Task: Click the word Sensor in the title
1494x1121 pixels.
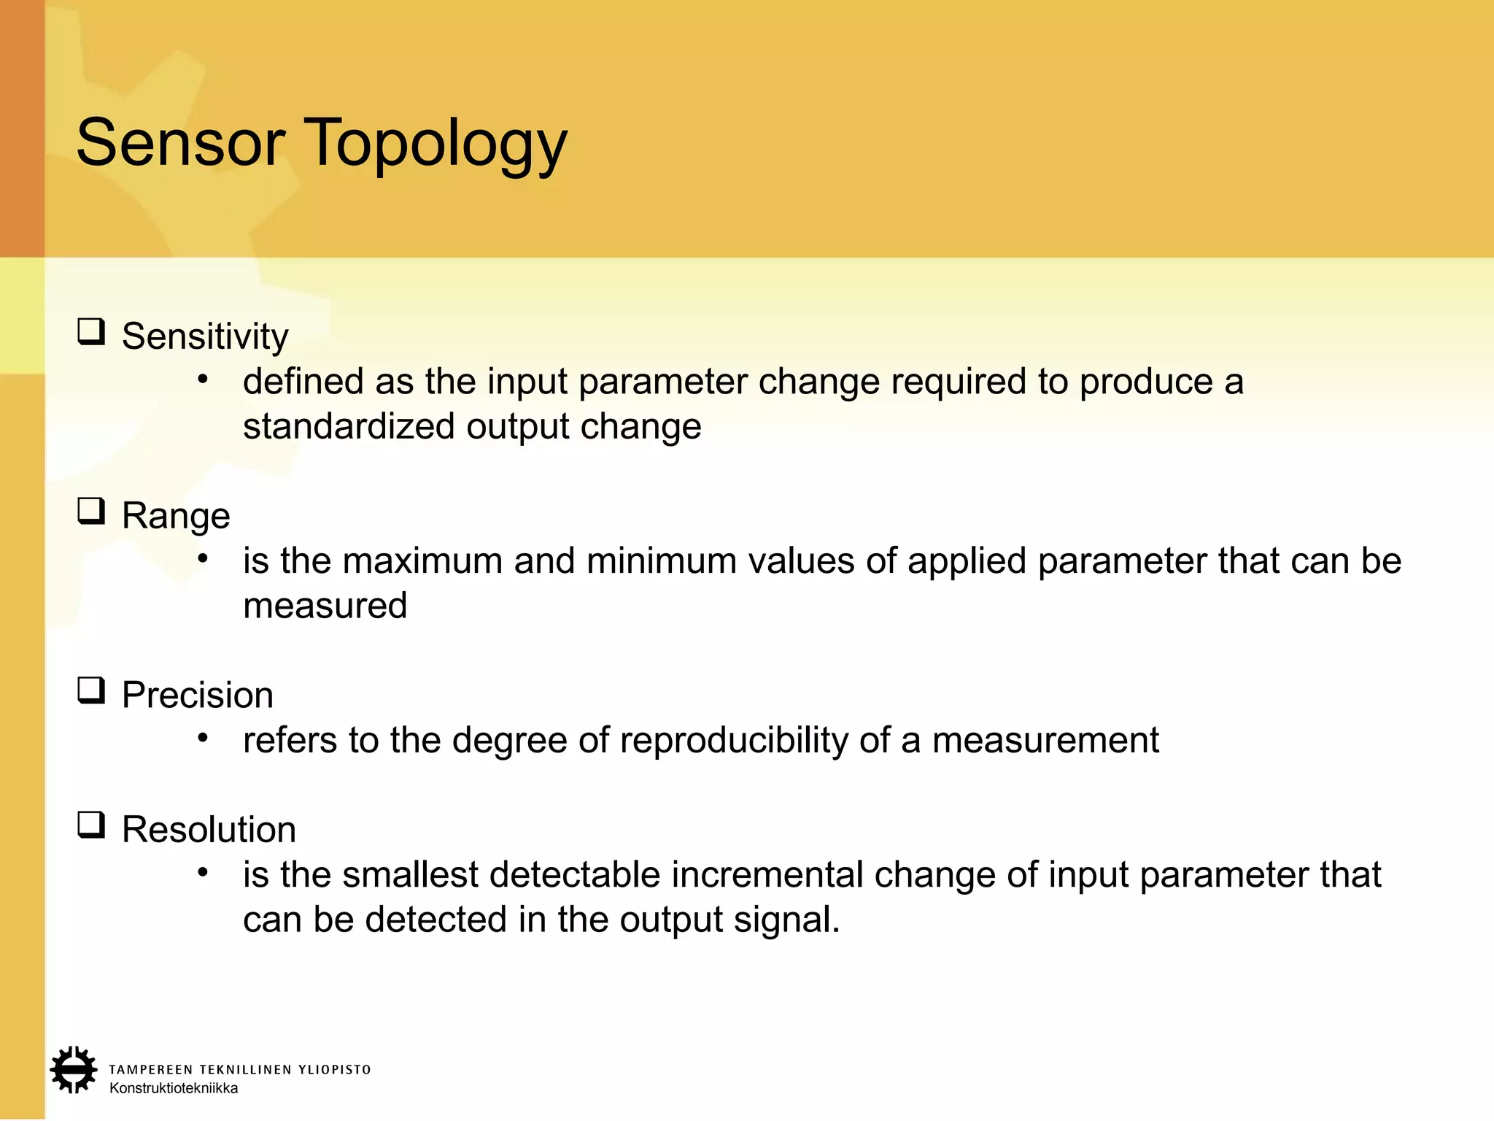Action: [x=180, y=143]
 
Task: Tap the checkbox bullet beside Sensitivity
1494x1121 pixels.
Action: [x=91, y=332]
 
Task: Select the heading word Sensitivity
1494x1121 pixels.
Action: [x=205, y=336]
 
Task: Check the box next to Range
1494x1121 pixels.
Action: [x=91, y=512]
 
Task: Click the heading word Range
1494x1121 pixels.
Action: [x=176, y=516]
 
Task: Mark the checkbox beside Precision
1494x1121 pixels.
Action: [x=91, y=690]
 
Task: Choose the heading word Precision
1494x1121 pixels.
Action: [x=198, y=695]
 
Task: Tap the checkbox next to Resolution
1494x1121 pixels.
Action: [x=91, y=825]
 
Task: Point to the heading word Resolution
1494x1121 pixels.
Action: [x=209, y=830]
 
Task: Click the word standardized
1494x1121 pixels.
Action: [x=349, y=426]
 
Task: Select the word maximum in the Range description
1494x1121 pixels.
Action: [x=422, y=561]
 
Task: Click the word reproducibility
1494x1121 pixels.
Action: [x=734, y=741]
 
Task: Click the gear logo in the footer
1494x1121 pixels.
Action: [x=74, y=1070]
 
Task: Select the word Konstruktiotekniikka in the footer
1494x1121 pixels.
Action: [x=174, y=1088]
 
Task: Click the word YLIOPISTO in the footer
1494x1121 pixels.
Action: [x=335, y=1070]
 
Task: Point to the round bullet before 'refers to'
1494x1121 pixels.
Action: [x=203, y=738]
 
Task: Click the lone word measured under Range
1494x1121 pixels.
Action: [x=325, y=606]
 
